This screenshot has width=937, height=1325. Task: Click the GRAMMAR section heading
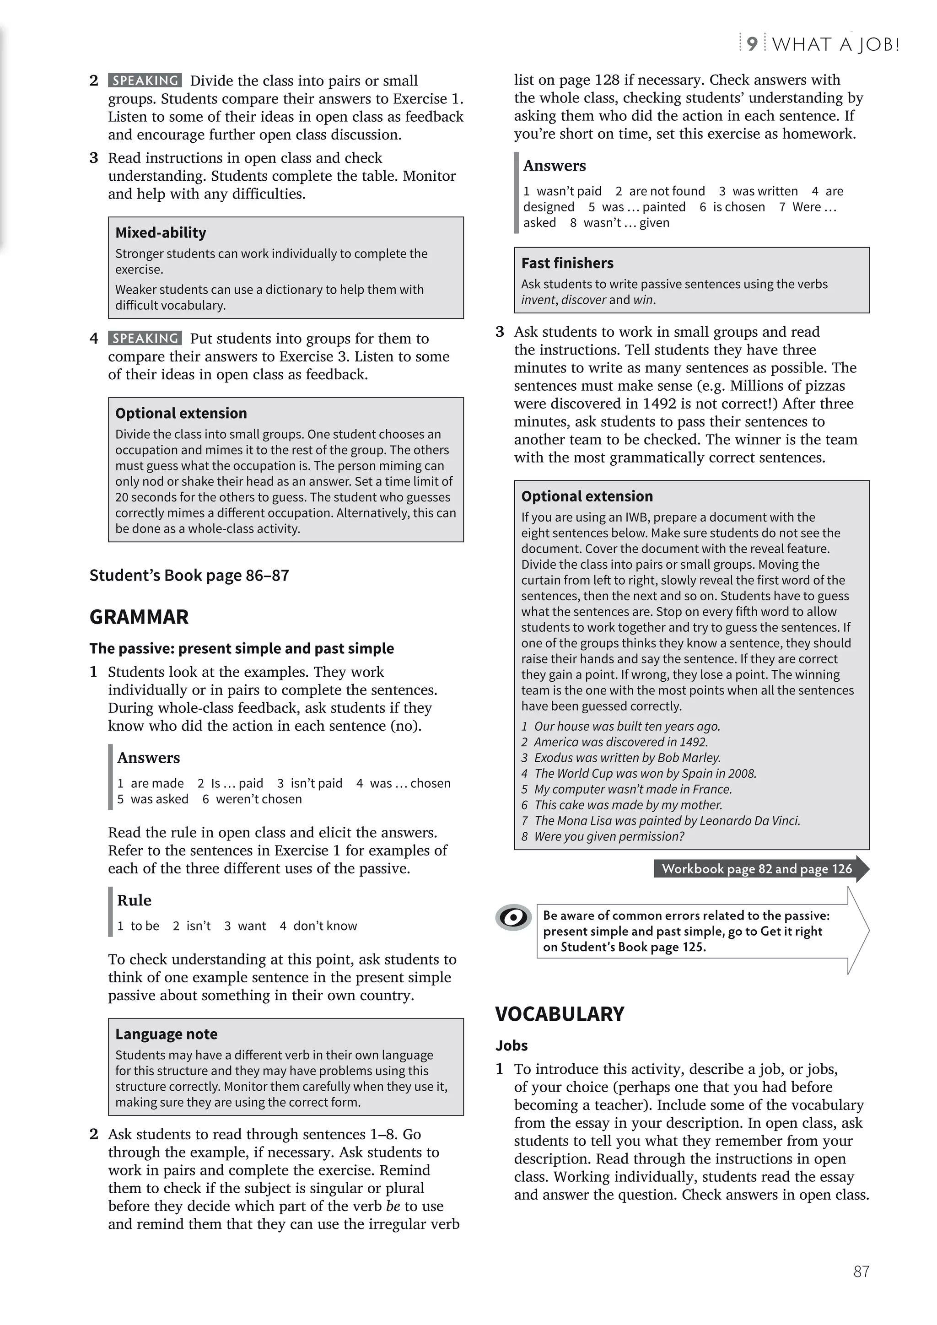139,617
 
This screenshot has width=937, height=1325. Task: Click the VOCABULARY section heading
560,1014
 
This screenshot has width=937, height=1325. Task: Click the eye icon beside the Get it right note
513,917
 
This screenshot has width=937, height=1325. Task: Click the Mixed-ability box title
161,232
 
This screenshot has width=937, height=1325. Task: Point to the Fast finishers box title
567,263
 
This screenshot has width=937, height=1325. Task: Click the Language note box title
166,1034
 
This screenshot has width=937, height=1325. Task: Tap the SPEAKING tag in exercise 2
145,80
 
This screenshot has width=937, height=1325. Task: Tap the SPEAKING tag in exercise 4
145,338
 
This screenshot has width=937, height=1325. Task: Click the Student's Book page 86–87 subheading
189,576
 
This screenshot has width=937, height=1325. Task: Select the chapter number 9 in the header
752,44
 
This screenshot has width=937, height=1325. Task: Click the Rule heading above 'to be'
134,900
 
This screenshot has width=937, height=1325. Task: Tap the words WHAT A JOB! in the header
835,44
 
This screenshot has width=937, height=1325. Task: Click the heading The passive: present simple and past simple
241,649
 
